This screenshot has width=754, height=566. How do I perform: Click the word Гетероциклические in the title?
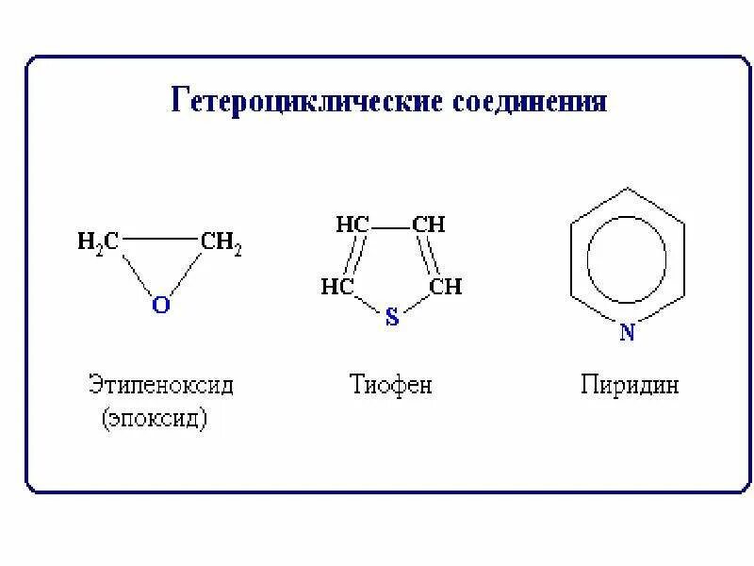(x=303, y=101)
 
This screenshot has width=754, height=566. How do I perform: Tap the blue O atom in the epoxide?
(x=160, y=306)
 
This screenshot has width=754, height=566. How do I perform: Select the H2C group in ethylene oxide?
(x=97, y=242)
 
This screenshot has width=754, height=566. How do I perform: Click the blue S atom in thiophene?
(x=393, y=318)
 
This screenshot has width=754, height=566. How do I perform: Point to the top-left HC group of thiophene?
(x=352, y=225)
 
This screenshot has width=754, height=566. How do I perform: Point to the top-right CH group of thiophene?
(x=429, y=225)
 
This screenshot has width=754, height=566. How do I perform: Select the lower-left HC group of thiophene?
(x=336, y=286)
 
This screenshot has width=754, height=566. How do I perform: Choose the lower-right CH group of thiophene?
(x=446, y=286)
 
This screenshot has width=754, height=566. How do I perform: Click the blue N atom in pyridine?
(x=626, y=331)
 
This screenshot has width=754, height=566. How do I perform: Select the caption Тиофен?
(x=390, y=386)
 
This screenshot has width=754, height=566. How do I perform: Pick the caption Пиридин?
(x=630, y=386)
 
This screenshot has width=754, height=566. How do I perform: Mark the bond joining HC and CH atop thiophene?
(x=390, y=225)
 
